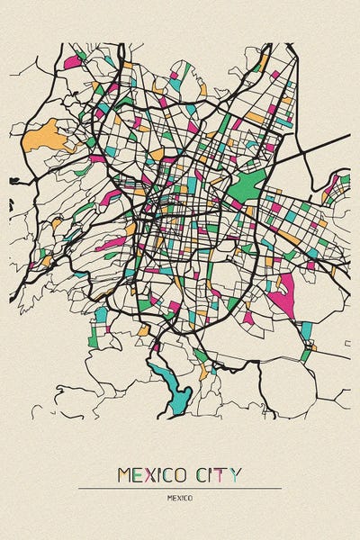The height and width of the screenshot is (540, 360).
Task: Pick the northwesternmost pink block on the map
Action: pyautogui.click(x=72, y=63)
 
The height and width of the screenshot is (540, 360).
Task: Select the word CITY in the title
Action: pyautogui.click(x=222, y=474)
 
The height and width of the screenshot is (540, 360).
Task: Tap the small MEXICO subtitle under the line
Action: pyautogui.click(x=180, y=497)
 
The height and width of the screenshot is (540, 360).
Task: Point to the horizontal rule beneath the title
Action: pyautogui.click(x=180, y=488)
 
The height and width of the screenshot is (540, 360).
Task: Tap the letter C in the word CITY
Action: pyautogui.click(x=205, y=474)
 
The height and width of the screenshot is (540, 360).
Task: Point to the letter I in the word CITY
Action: pyautogui.click(x=216, y=474)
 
